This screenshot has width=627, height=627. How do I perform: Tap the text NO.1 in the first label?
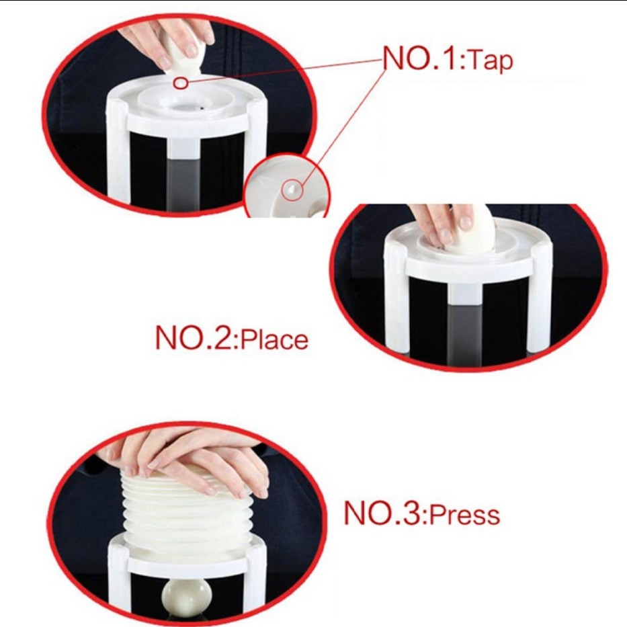[422, 58]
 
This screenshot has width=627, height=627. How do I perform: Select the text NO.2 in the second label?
[196, 338]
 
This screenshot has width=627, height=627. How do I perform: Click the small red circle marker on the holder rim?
[181, 83]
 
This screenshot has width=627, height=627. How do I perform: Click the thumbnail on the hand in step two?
[466, 222]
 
